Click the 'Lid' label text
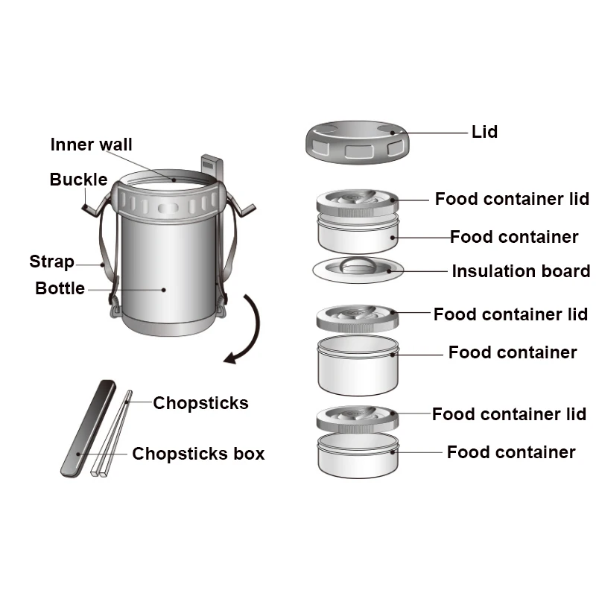pyautogui.click(x=484, y=133)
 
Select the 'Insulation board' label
pyautogui.click(x=521, y=271)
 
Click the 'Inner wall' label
pyautogui.click(x=91, y=145)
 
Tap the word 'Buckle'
pyautogui.click(x=78, y=180)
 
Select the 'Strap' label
pyautogui.click(x=51, y=261)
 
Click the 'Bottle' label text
pyautogui.click(x=60, y=288)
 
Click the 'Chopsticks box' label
pyautogui.click(x=198, y=454)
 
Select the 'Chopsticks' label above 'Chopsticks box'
pyautogui.click(x=200, y=403)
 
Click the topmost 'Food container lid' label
pyautogui.click(x=512, y=199)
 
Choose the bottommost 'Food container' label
pyautogui.click(x=511, y=452)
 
